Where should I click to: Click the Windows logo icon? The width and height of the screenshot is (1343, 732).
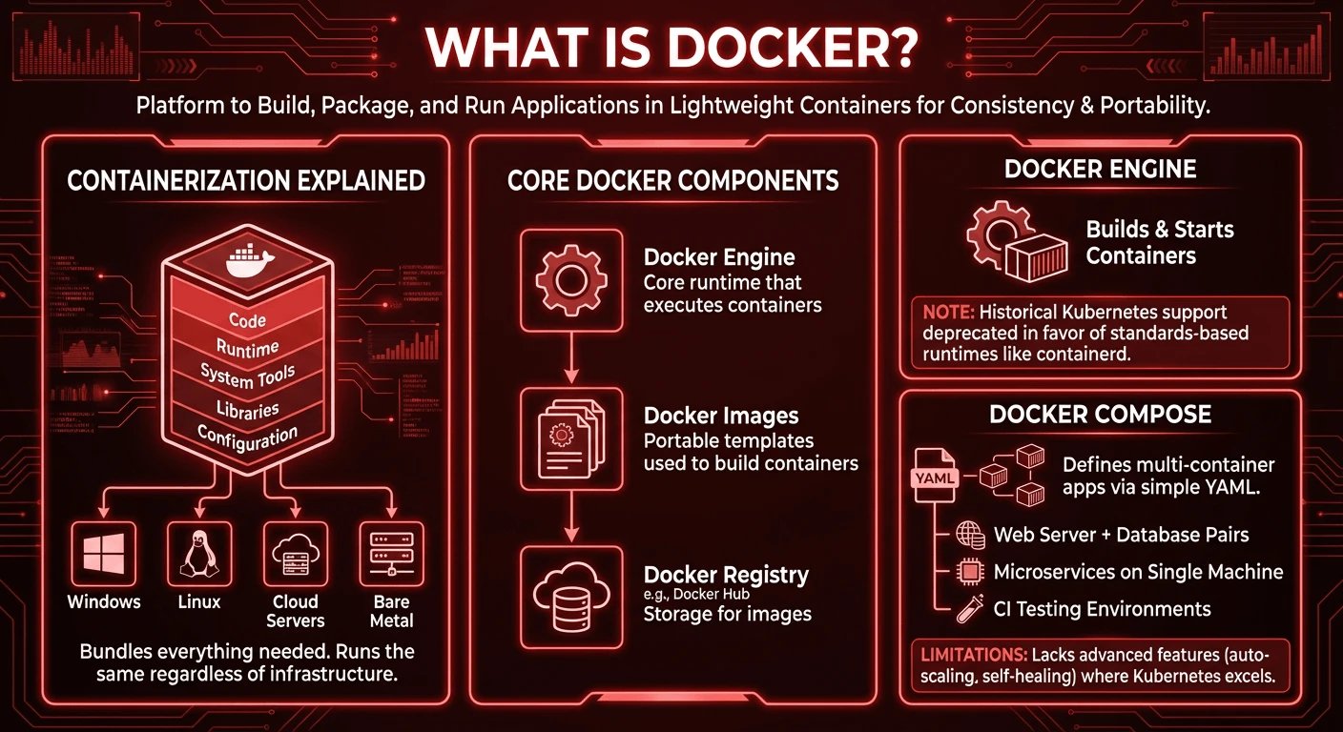pyautogui.click(x=104, y=555)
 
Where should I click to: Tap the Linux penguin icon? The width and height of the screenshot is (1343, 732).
pyautogui.click(x=199, y=555)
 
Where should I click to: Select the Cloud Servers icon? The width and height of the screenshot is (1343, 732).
pyautogui.click(x=295, y=555)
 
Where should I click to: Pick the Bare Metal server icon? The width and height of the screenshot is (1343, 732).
pyautogui.click(x=390, y=555)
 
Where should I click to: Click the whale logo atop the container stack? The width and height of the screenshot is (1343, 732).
pyautogui.click(x=247, y=262)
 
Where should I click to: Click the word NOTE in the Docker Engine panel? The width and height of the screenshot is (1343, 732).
pyautogui.click(x=945, y=312)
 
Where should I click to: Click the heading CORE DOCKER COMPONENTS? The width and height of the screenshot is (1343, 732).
pyautogui.click(x=673, y=181)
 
